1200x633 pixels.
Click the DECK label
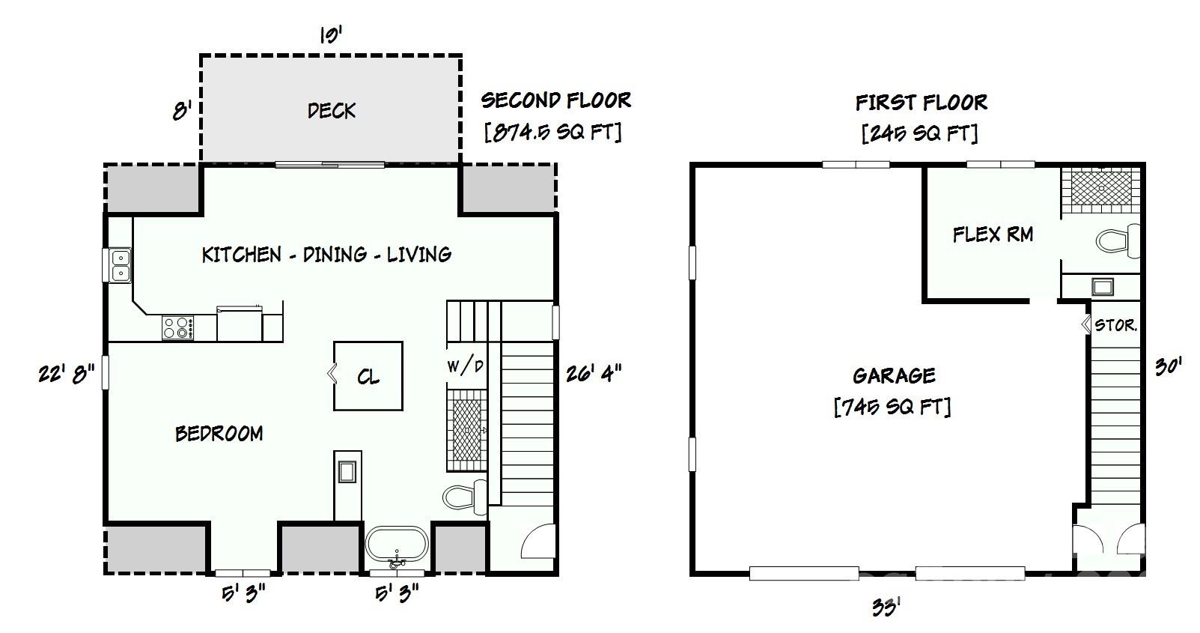coord(331,111)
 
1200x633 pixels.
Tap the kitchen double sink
coord(120,265)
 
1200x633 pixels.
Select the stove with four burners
coord(178,328)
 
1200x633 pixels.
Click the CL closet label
coord(368,376)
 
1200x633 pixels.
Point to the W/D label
coord(465,366)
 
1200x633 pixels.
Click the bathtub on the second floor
coord(397,545)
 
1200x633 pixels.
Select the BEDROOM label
coord(219,434)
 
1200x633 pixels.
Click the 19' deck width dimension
coord(330,34)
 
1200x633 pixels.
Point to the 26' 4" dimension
coord(593,372)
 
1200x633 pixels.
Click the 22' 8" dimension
coord(66,372)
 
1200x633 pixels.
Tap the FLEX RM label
coord(993,234)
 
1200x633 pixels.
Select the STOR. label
coord(1116,325)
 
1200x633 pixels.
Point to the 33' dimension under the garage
coord(885,607)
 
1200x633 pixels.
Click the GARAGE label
coord(893,375)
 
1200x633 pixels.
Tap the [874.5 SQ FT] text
coord(553,133)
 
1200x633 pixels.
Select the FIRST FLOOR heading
coord(921,102)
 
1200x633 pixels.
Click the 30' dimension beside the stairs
coord(1167,366)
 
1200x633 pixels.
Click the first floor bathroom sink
coord(1102,286)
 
